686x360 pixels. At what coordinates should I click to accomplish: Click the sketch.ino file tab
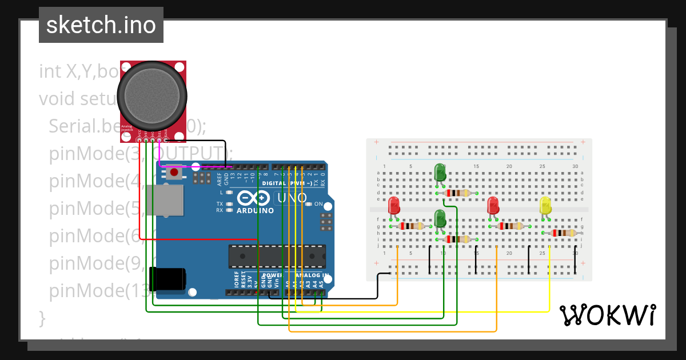click(101, 25)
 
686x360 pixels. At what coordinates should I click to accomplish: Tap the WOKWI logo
click(607, 315)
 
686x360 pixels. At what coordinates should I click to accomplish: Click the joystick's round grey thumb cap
click(152, 94)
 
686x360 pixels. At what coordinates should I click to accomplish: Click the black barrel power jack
click(167, 278)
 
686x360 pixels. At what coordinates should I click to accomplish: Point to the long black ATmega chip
click(277, 257)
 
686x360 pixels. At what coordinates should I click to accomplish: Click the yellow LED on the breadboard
click(546, 207)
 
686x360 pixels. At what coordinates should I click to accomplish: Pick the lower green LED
click(440, 218)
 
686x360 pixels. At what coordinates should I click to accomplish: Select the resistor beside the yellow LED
click(563, 233)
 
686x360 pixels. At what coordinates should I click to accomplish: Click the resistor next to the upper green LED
click(457, 193)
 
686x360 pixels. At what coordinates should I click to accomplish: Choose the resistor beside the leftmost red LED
click(410, 226)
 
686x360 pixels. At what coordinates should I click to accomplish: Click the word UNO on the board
click(292, 198)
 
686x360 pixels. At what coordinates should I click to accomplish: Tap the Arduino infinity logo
click(254, 198)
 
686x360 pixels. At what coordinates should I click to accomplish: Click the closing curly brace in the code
click(41, 317)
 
